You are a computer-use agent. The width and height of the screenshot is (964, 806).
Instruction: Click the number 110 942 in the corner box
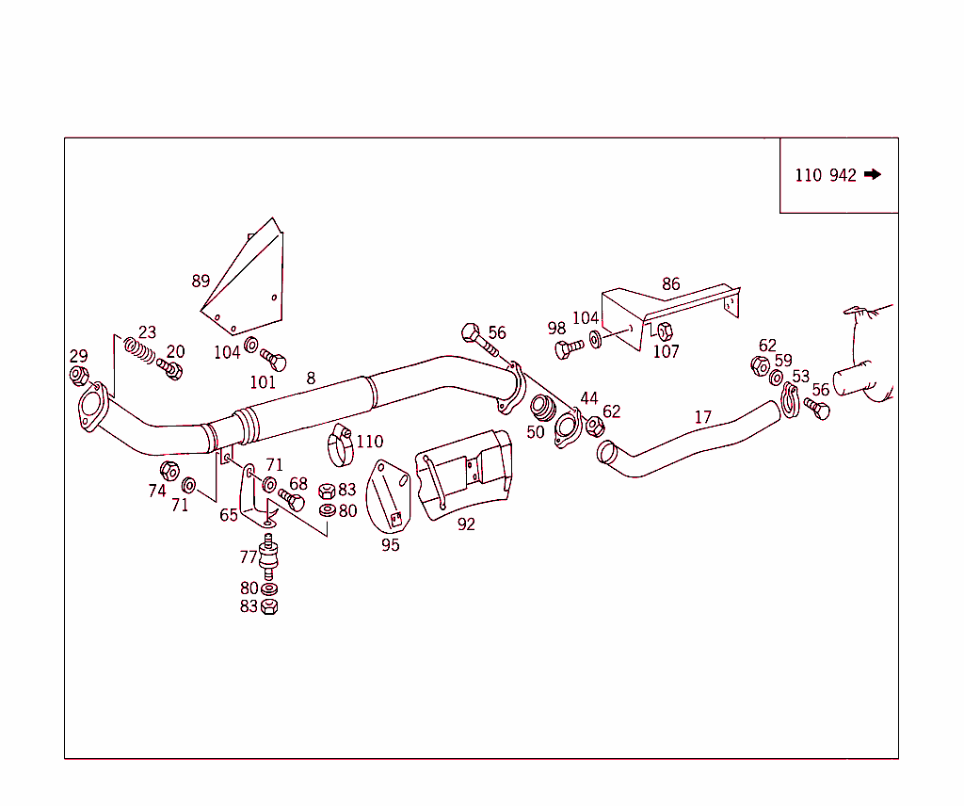click(x=826, y=175)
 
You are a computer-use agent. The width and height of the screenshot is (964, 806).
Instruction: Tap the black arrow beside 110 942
click(x=872, y=174)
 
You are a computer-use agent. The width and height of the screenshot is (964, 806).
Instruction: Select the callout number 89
click(x=201, y=281)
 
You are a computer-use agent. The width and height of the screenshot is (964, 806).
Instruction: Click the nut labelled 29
click(x=79, y=375)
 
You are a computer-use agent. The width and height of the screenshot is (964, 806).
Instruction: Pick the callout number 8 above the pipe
click(x=311, y=379)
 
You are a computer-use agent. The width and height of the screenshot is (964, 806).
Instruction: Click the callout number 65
click(x=229, y=515)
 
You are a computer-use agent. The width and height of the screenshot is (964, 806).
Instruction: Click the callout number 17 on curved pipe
click(x=703, y=416)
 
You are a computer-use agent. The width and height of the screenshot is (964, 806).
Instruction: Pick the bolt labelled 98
click(x=568, y=348)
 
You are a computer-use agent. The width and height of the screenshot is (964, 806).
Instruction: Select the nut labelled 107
click(x=664, y=331)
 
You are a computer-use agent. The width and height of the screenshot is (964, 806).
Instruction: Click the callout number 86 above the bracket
click(x=670, y=283)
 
